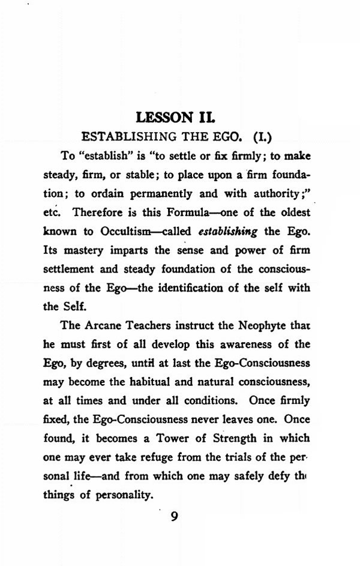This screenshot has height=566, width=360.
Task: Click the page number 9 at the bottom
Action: pos(175,516)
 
